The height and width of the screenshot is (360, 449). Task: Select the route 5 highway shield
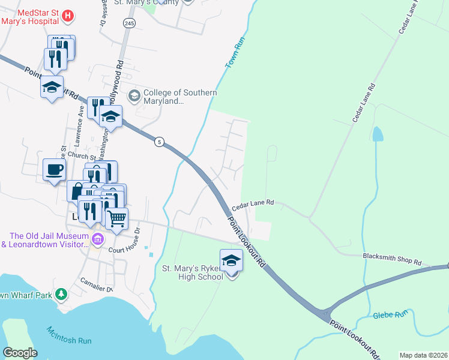pyautogui.click(x=158, y=142)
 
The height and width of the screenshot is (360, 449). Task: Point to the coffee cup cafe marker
pyautogui.click(x=54, y=169)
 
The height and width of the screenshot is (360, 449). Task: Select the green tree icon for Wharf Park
pyautogui.click(x=60, y=294)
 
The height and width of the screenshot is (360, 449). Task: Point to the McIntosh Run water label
pyautogui.click(x=70, y=335)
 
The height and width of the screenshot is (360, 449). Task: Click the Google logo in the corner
pyautogui.click(x=20, y=352)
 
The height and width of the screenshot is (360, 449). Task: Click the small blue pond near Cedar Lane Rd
pyautogui.click(x=377, y=134)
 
